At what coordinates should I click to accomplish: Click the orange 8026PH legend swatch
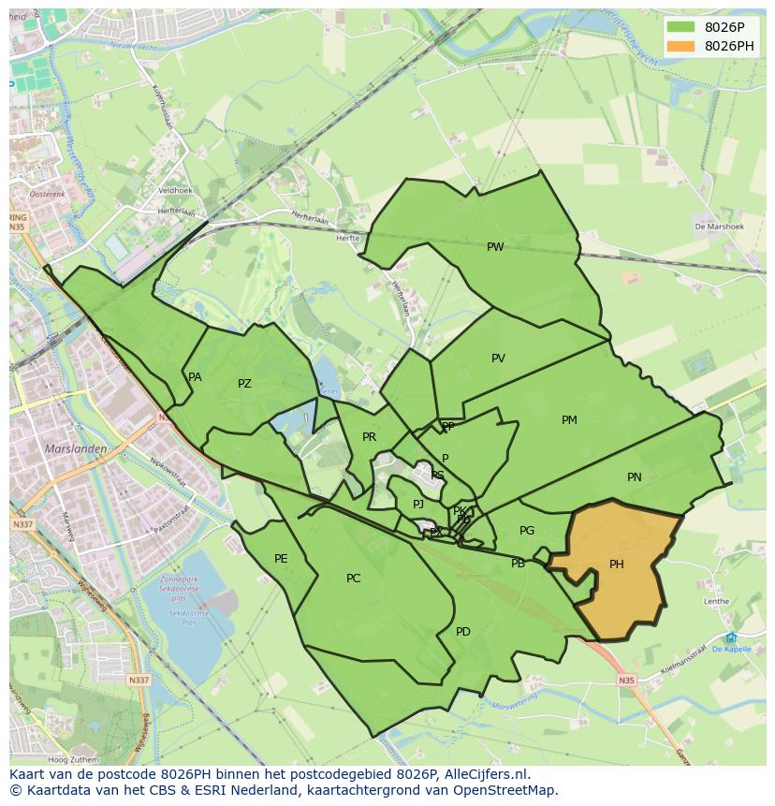tap(680, 46)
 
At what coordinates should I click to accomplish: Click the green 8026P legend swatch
tap(680, 27)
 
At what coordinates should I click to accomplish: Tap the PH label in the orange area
tap(616, 564)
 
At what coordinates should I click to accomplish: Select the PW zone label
tap(495, 247)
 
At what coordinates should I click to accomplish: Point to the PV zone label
tap(498, 359)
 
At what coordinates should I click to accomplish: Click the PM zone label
tap(569, 420)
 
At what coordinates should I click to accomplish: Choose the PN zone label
tap(634, 477)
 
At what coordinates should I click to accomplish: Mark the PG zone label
tap(527, 531)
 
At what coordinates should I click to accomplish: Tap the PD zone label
tap(462, 632)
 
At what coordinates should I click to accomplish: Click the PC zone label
tap(353, 579)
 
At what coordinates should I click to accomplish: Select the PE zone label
tap(281, 559)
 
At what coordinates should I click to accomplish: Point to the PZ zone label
tap(244, 384)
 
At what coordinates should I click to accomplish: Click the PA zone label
tap(195, 377)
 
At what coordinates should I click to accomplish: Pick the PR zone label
tap(369, 437)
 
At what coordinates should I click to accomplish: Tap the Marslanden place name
tap(76, 449)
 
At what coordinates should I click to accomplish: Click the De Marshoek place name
tap(719, 227)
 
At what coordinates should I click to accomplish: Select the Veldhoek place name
tap(175, 190)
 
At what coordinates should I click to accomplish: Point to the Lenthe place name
tap(716, 602)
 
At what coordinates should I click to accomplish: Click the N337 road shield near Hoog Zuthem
tap(139, 680)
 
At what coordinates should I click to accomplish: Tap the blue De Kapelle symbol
tap(730, 637)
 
